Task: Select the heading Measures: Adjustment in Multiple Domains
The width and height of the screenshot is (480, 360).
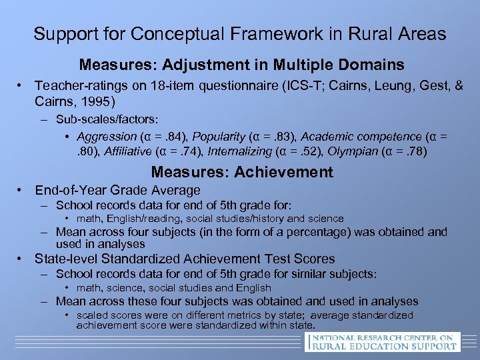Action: (x=241, y=65)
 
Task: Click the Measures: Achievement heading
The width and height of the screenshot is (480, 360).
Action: (x=242, y=172)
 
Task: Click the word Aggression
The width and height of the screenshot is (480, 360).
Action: (x=103, y=137)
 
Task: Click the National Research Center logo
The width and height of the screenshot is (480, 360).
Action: (x=382, y=342)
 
